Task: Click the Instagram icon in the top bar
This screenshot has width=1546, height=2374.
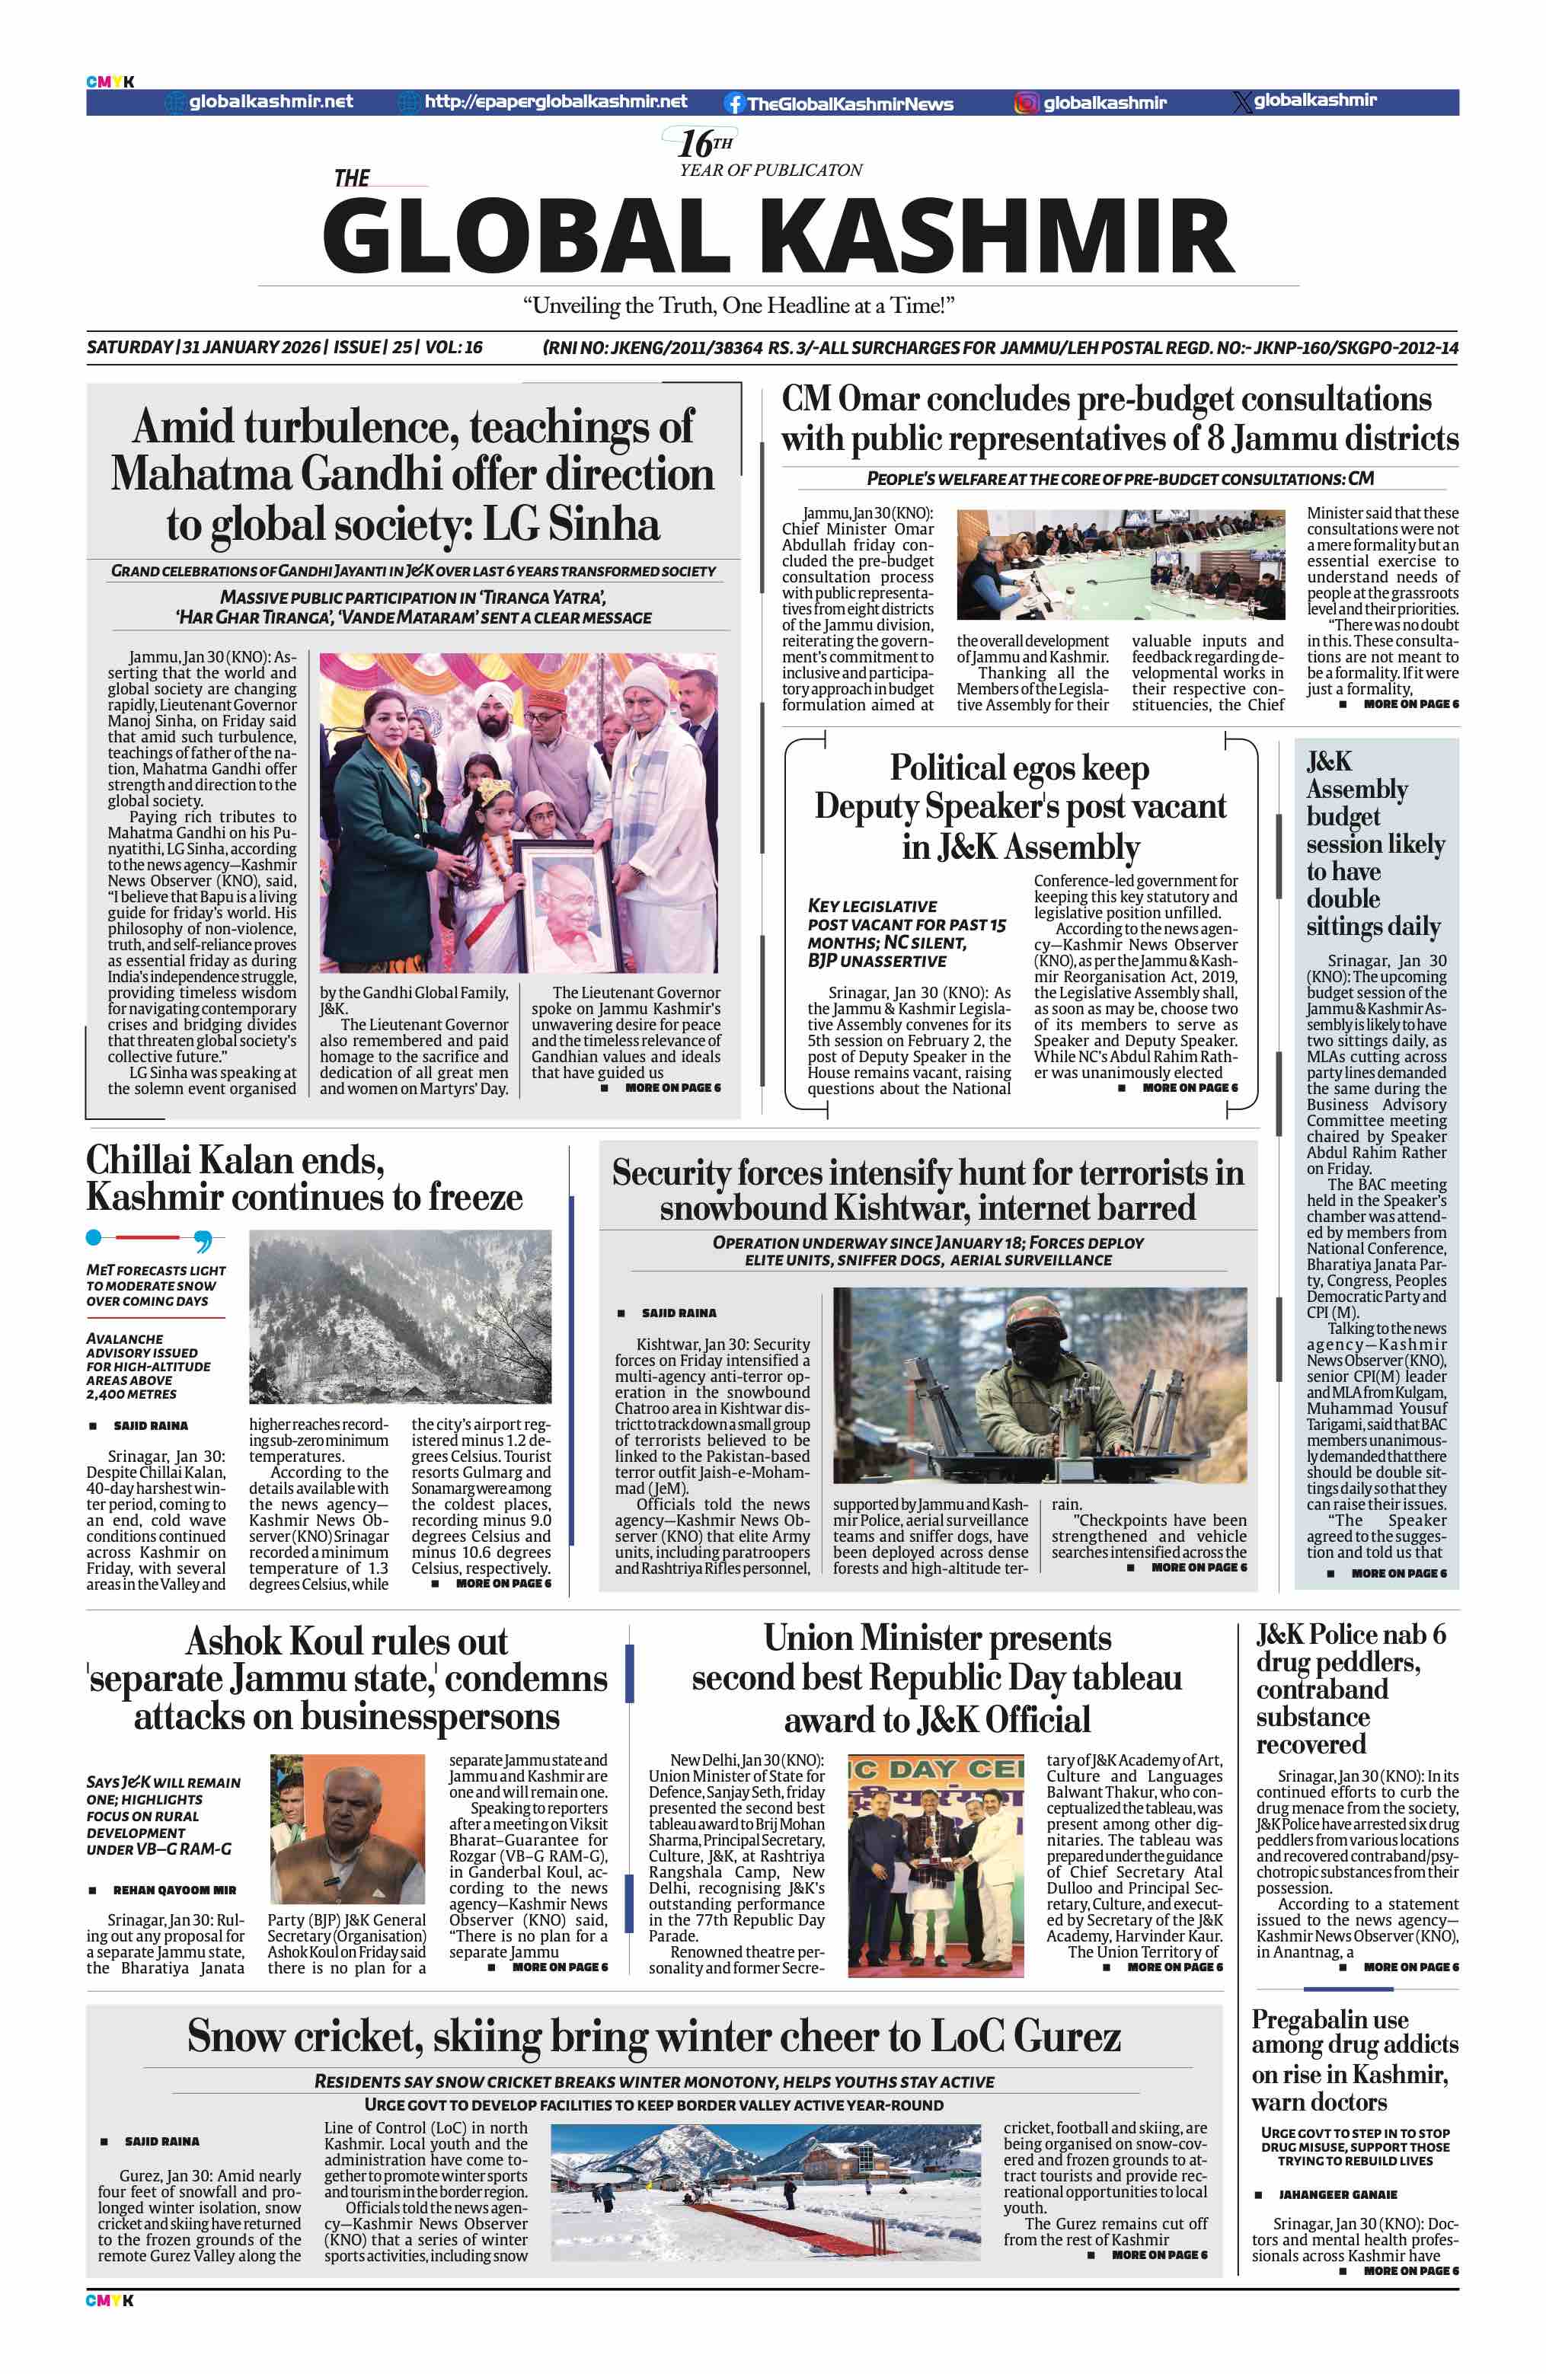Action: click(1027, 103)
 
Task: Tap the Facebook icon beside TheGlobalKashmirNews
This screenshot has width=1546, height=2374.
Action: click(734, 104)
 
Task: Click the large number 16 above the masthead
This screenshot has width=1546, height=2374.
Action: click(695, 145)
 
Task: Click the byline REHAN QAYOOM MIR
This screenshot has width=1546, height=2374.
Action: click(174, 1891)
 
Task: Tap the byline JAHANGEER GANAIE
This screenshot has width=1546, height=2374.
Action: click(1337, 2194)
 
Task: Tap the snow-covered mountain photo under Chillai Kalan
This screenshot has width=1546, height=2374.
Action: click(400, 1316)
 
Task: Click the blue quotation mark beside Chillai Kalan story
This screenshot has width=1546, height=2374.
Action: click(203, 1241)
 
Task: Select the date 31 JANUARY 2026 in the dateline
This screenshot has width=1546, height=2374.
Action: click(251, 347)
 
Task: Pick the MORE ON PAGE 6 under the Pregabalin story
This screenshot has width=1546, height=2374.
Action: click(1410, 2271)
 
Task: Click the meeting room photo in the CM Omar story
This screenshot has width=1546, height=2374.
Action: click(1120, 565)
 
